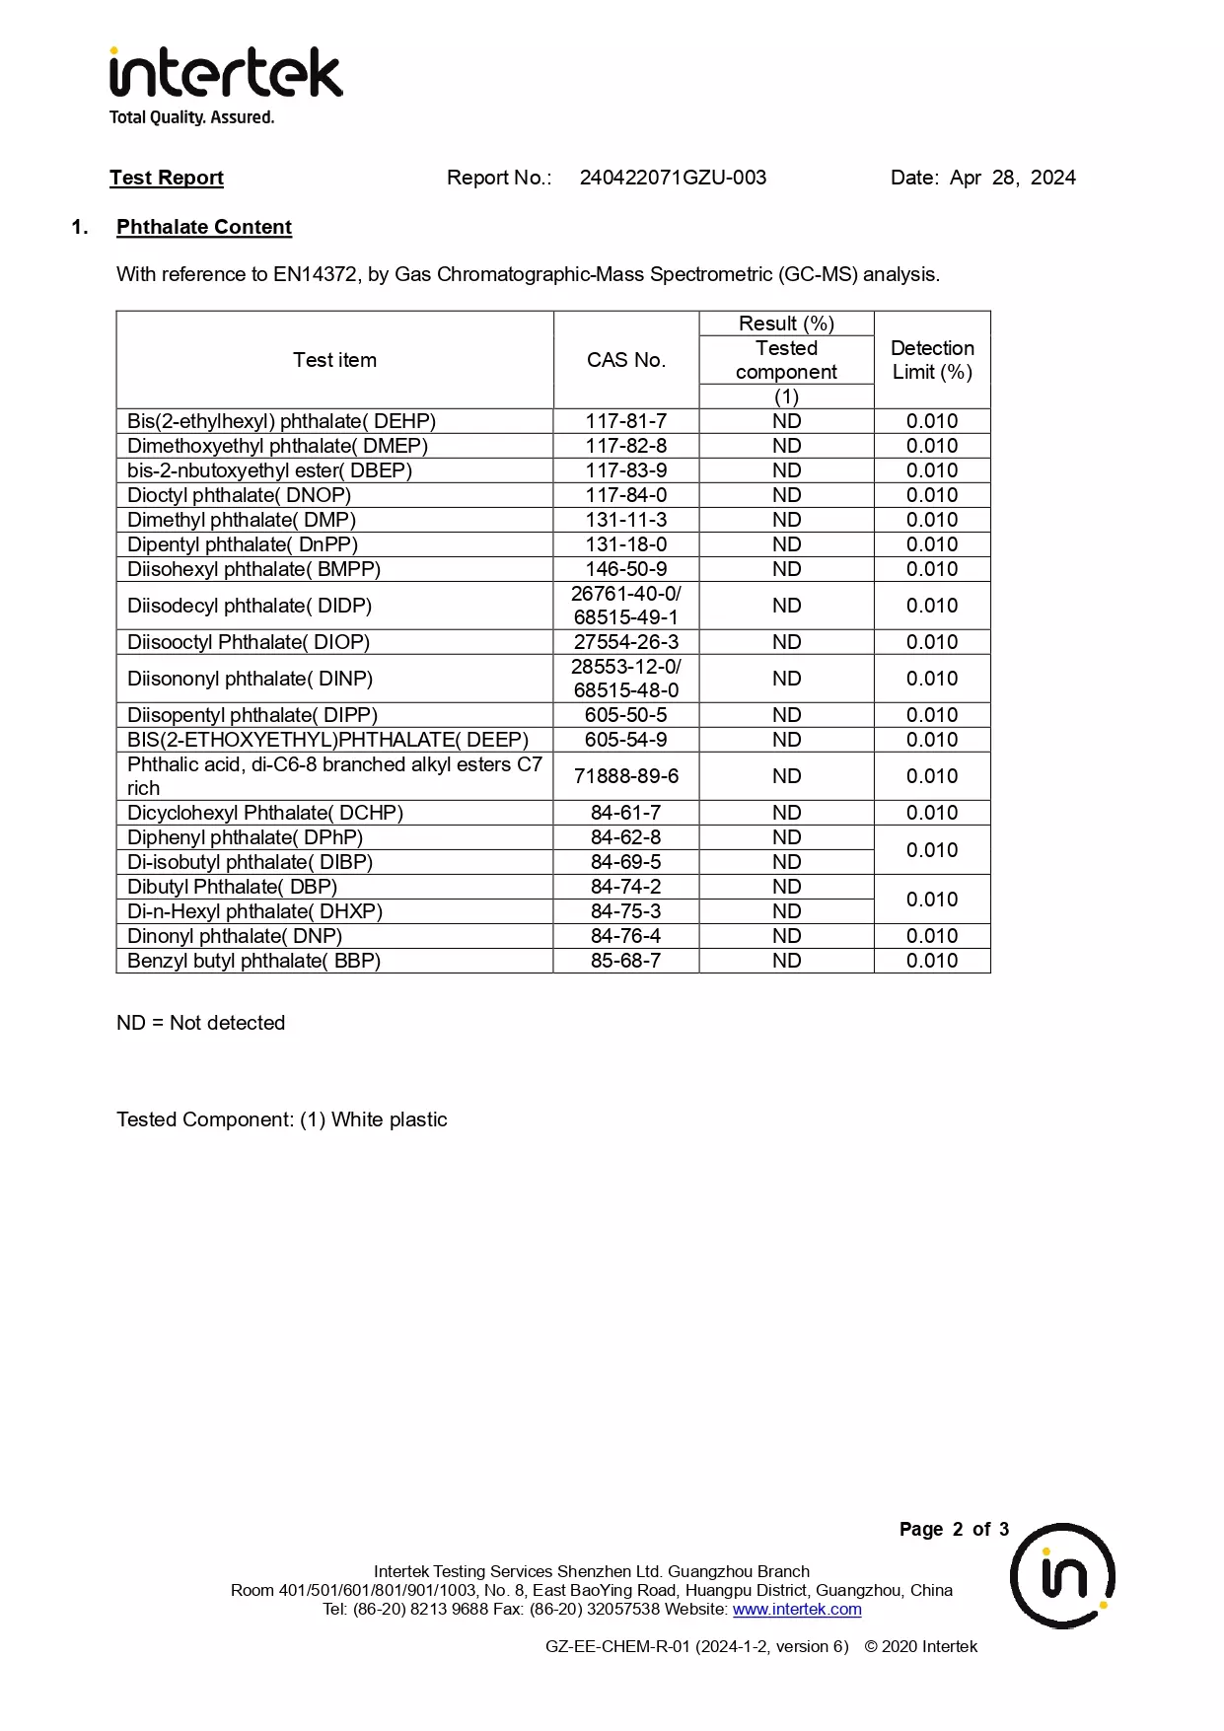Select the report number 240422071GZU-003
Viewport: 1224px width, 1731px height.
[673, 178]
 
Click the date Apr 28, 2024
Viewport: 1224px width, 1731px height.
[1012, 178]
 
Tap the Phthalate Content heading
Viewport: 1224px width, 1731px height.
[204, 227]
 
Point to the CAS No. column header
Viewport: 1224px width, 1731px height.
[626, 360]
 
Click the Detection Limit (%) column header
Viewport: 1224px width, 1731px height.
[932, 360]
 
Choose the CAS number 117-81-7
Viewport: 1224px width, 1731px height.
[626, 421]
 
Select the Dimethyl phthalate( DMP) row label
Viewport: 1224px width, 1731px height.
[242, 520]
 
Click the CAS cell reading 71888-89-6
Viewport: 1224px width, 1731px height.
[626, 776]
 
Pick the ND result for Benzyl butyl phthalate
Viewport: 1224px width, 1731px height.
[786, 961]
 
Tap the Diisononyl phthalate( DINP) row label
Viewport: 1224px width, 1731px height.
[250, 679]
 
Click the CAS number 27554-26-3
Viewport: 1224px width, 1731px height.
[626, 642]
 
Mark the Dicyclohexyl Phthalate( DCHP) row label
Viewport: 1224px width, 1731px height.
[265, 813]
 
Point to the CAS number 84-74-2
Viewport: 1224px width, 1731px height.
[626, 887]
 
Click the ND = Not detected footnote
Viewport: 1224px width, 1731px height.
[200, 1023]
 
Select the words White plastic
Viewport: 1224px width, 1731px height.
[390, 1119]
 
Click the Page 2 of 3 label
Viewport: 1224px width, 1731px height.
[954, 1529]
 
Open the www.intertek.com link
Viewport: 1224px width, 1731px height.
[797, 1609]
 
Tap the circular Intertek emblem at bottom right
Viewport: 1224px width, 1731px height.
[1062, 1575]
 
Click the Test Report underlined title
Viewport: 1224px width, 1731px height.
[167, 178]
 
